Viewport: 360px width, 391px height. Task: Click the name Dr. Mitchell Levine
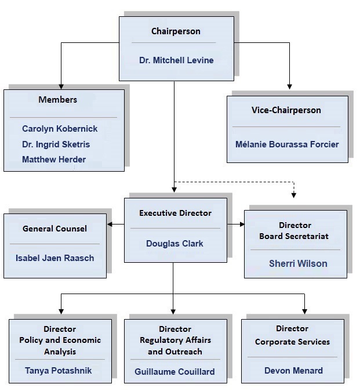pyautogui.click(x=176, y=60)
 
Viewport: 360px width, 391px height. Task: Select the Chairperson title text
pyautogui.click(x=176, y=31)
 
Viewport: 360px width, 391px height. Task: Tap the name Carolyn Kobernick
pyautogui.click(x=60, y=129)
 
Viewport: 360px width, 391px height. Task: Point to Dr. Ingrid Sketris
pyautogui.click(x=56, y=144)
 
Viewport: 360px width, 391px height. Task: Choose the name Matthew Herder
pyautogui.click(x=54, y=160)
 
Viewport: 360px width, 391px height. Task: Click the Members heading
pyautogui.click(x=58, y=100)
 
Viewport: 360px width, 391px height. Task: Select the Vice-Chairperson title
pyautogui.click(x=286, y=110)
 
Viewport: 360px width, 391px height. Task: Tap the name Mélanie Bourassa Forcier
pyautogui.click(x=287, y=144)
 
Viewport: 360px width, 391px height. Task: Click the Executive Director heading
pyautogui.click(x=175, y=213)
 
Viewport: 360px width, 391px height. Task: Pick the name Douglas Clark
pyautogui.click(x=174, y=244)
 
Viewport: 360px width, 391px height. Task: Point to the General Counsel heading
pyautogui.click(x=55, y=229)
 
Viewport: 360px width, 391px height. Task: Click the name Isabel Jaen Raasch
pyautogui.click(x=54, y=258)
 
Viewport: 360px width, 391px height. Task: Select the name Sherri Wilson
pyautogui.click(x=298, y=263)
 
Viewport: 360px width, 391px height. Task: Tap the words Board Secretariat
pyautogui.click(x=294, y=236)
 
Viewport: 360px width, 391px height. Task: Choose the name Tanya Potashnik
pyautogui.click(x=58, y=370)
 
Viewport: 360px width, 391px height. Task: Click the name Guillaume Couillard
pyautogui.click(x=174, y=371)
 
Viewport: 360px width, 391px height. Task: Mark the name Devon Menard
pyautogui.click(x=293, y=371)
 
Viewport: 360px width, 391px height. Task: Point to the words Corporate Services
pyautogui.click(x=292, y=342)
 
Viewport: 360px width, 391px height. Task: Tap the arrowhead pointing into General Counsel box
pyautogui.click(x=110, y=224)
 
